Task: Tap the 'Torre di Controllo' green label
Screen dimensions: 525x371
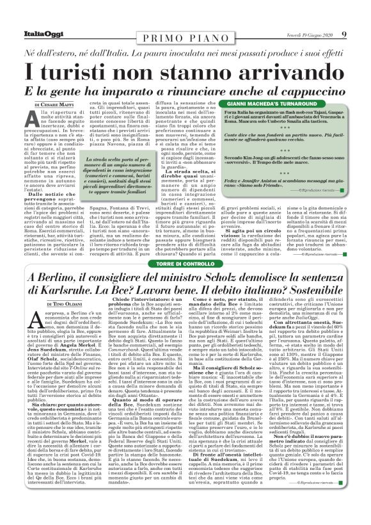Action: pyautogui.click(x=185, y=264)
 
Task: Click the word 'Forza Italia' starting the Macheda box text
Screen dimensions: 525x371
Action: pyautogui.click(x=237, y=113)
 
